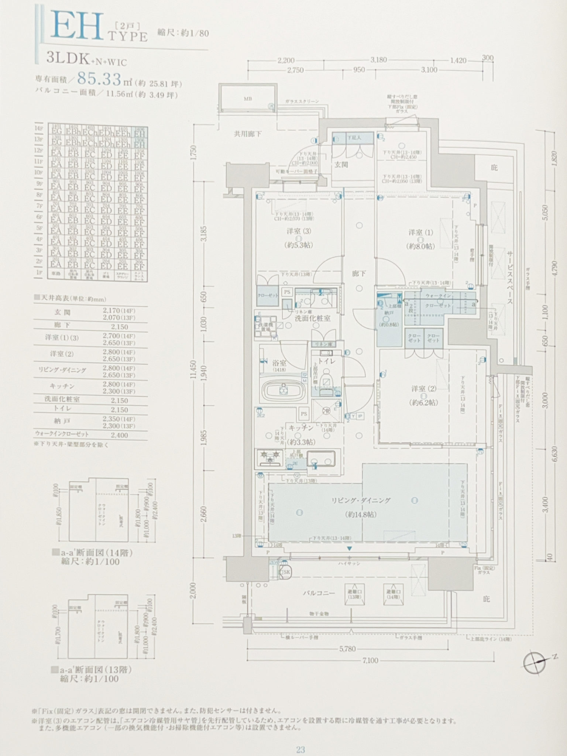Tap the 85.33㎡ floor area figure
click(x=100, y=79)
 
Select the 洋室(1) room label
click(x=420, y=233)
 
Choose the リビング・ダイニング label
click(x=361, y=501)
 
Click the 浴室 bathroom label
click(x=279, y=363)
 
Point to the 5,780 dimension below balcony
click(x=347, y=649)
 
